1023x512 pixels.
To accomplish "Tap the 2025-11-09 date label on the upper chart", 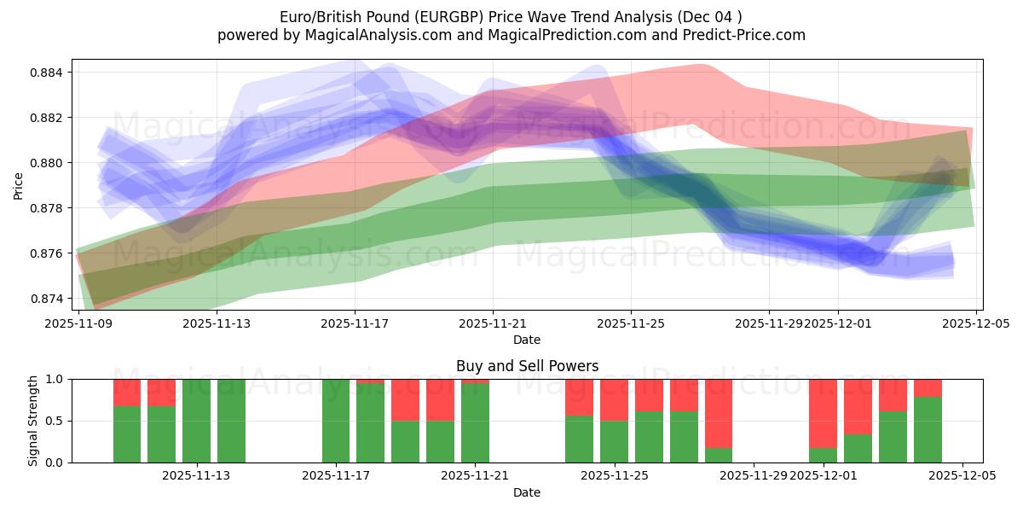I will pyautogui.click(x=78, y=323).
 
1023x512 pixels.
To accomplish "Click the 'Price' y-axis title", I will pyautogui.click(x=19, y=184).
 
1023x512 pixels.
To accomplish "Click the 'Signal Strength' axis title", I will pyautogui.click(x=32, y=421).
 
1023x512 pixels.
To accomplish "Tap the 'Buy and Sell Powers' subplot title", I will pyautogui.click(x=527, y=366).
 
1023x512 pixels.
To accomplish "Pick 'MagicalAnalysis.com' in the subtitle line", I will pyautogui.click(x=359, y=35).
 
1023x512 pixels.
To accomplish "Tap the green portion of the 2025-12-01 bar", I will pyautogui.click(x=823, y=456).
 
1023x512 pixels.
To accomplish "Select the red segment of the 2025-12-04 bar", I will pyautogui.click(x=928, y=388).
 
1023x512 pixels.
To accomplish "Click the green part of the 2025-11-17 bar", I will pyautogui.click(x=336, y=421).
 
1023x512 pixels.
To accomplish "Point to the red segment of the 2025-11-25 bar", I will pyautogui.click(x=614, y=399).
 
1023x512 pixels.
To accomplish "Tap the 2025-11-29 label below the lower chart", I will pyautogui.click(x=754, y=475).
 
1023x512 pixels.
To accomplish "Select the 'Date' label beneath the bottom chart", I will pyautogui.click(x=527, y=492).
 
